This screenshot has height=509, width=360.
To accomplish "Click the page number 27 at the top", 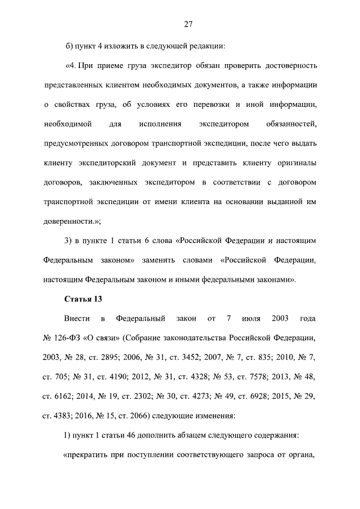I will (x=188, y=24).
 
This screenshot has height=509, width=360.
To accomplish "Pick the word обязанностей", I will (x=289, y=123).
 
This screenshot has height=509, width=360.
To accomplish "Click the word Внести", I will (x=77, y=319).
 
